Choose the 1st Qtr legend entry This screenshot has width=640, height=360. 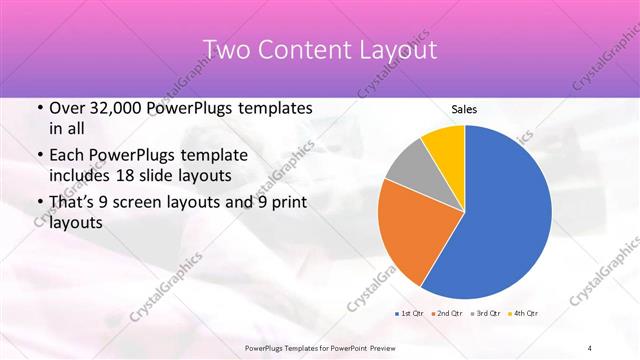click(x=411, y=314)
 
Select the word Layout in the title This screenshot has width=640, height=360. click(x=401, y=49)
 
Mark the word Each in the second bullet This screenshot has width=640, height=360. click(x=68, y=156)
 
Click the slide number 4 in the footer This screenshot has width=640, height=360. click(x=590, y=347)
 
